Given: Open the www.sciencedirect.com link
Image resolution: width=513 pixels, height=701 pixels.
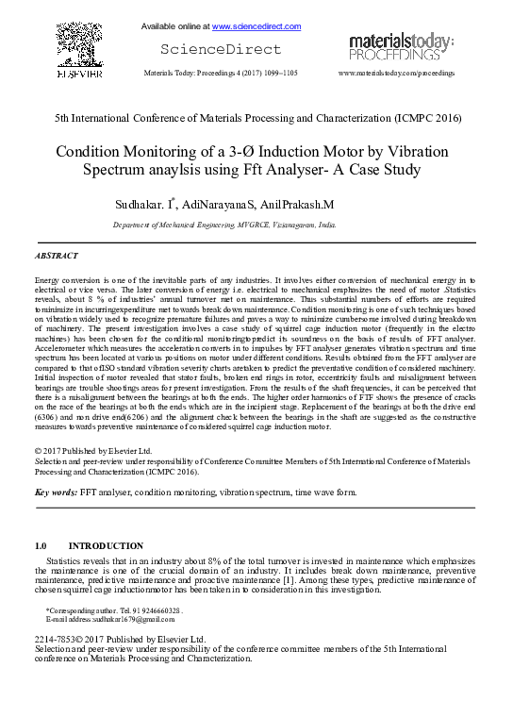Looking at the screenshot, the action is pyautogui.click(x=256, y=25).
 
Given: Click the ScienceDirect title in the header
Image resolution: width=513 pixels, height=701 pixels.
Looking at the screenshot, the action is pyautogui.click(x=221, y=49).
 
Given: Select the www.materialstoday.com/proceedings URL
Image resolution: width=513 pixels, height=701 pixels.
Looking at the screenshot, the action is pyautogui.click(x=396, y=73).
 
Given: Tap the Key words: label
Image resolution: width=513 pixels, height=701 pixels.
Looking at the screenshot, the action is pyautogui.click(x=56, y=492).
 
